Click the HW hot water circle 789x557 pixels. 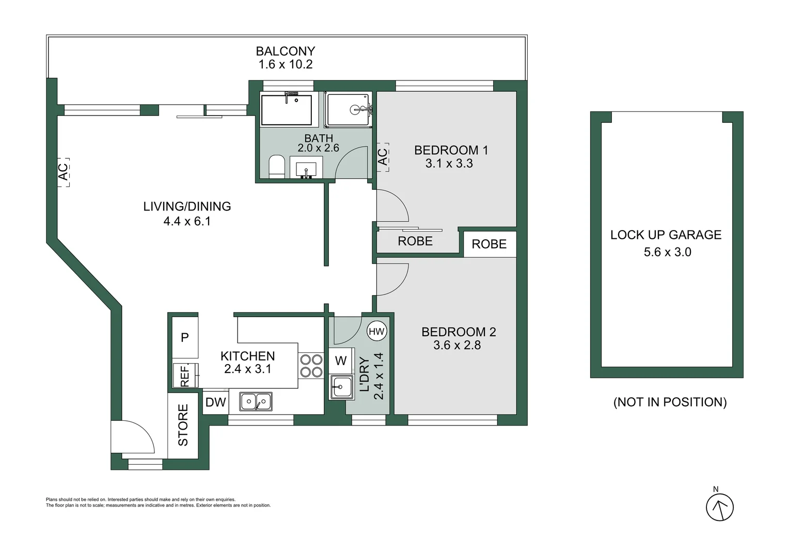tap(376, 331)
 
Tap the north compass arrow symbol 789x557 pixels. tap(720, 507)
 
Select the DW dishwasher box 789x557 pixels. tap(215, 402)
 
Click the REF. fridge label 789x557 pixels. tap(184, 375)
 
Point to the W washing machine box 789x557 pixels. tap(341, 361)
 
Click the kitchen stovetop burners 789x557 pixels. tap(311, 366)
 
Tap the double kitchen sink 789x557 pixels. tap(256, 401)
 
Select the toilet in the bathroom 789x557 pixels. tap(276, 166)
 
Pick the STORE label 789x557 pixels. tap(183, 425)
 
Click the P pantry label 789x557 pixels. tap(184, 338)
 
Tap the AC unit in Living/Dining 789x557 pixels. tap(64, 172)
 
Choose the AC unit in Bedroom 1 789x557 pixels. tap(383, 157)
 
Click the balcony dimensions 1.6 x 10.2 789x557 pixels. tap(286, 64)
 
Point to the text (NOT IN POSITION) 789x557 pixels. tap(670, 402)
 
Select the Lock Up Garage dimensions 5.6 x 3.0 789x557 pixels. tap(668, 252)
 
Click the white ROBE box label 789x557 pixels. tap(489, 244)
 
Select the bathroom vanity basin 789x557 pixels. tap(306, 168)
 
